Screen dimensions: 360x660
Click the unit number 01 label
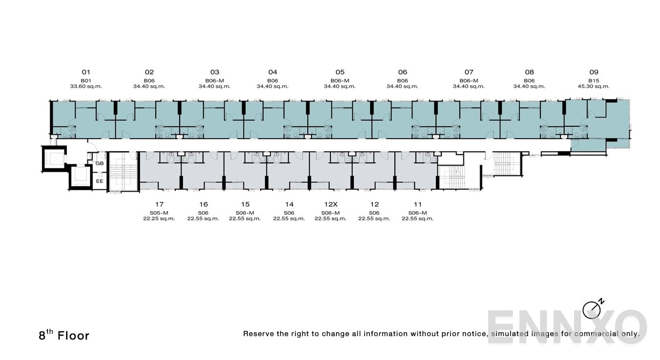[x=86, y=72]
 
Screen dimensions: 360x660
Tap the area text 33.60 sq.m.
[x=86, y=86]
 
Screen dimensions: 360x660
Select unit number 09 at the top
[x=594, y=72]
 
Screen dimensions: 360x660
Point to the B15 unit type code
[x=594, y=80]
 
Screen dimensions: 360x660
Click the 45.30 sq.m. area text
[x=594, y=86]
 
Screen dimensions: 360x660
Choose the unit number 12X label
[x=330, y=204]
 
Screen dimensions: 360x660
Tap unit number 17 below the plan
[x=159, y=204]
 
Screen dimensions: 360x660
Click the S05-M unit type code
[x=159, y=213]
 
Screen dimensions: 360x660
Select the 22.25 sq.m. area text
[x=159, y=219]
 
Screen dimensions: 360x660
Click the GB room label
[x=100, y=163]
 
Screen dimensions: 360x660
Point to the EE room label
[x=100, y=181]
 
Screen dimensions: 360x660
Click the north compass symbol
[x=592, y=309]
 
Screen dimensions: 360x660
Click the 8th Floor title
[x=64, y=335]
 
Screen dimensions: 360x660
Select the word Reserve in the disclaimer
[x=259, y=334]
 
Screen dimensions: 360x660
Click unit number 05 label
[x=340, y=72]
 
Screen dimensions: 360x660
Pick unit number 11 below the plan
[x=417, y=204]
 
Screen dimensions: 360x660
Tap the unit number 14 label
[x=289, y=204]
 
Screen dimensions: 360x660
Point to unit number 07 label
[x=469, y=72]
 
